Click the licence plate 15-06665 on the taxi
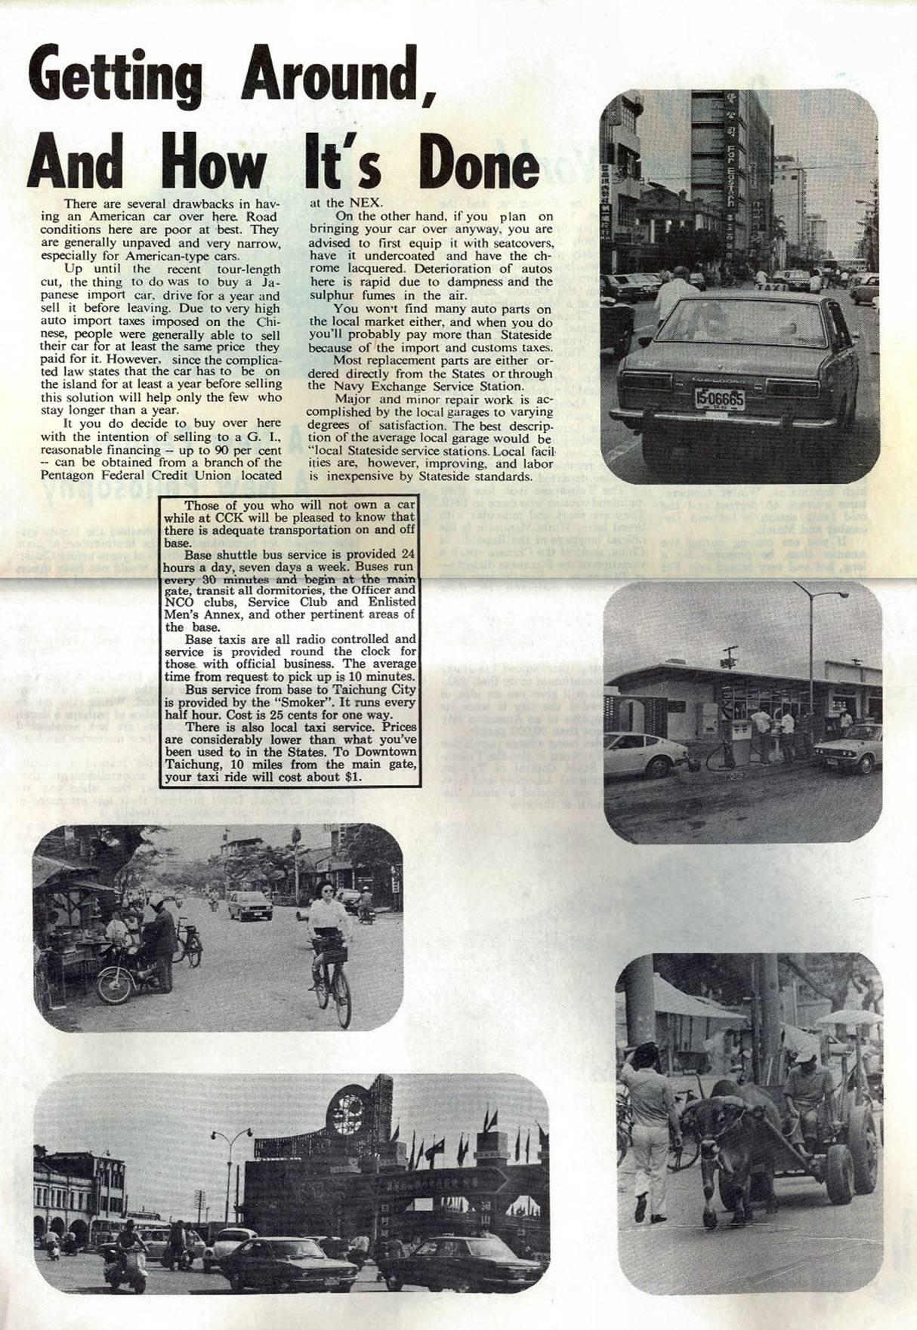pyautogui.click(x=719, y=398)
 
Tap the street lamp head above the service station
pyautogui.click(x=836, y=595)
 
